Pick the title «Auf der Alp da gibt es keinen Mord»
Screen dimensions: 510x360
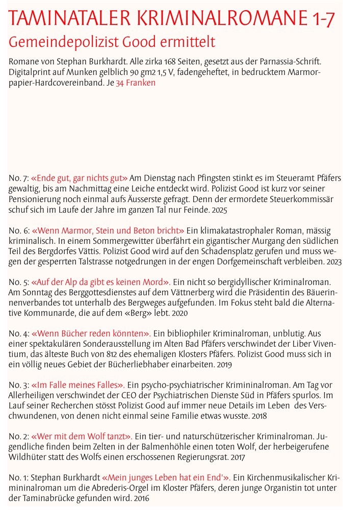[100, 282]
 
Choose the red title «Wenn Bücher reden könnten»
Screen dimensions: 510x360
[91, 334]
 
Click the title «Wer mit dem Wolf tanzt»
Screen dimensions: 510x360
[82, 437]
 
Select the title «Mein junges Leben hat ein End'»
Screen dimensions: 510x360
[167, 478]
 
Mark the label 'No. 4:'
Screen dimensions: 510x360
[19, 334]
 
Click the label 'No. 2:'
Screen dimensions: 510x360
[19, 437]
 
